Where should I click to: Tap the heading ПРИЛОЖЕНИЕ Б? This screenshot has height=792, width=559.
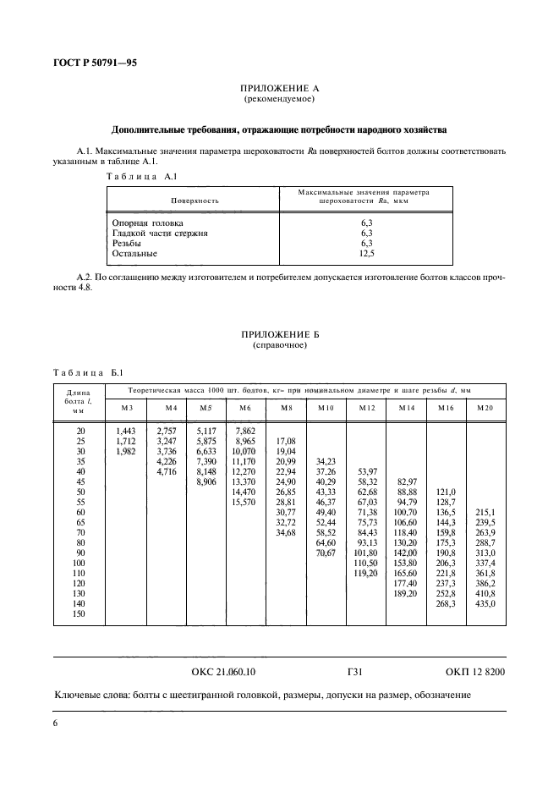pyautogui.click(x=279, y=335)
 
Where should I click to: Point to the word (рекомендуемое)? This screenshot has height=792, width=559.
pyautogui.click(x=279, y=100)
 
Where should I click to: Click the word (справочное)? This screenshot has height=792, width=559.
pyautogui.click(x=279, y=346)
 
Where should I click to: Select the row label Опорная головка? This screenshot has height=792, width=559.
pyautogui.click(x=147, y=222)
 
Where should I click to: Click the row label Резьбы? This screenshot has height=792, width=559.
pyautogui.click(x=129, y=243)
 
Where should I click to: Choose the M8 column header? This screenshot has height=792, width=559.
pyautogui.click(x=287, y=408)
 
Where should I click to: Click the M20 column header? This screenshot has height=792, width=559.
pyautogui.click(x=485, y=408)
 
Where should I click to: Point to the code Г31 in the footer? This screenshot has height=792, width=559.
pyautogui.click(x=355, y=672)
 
